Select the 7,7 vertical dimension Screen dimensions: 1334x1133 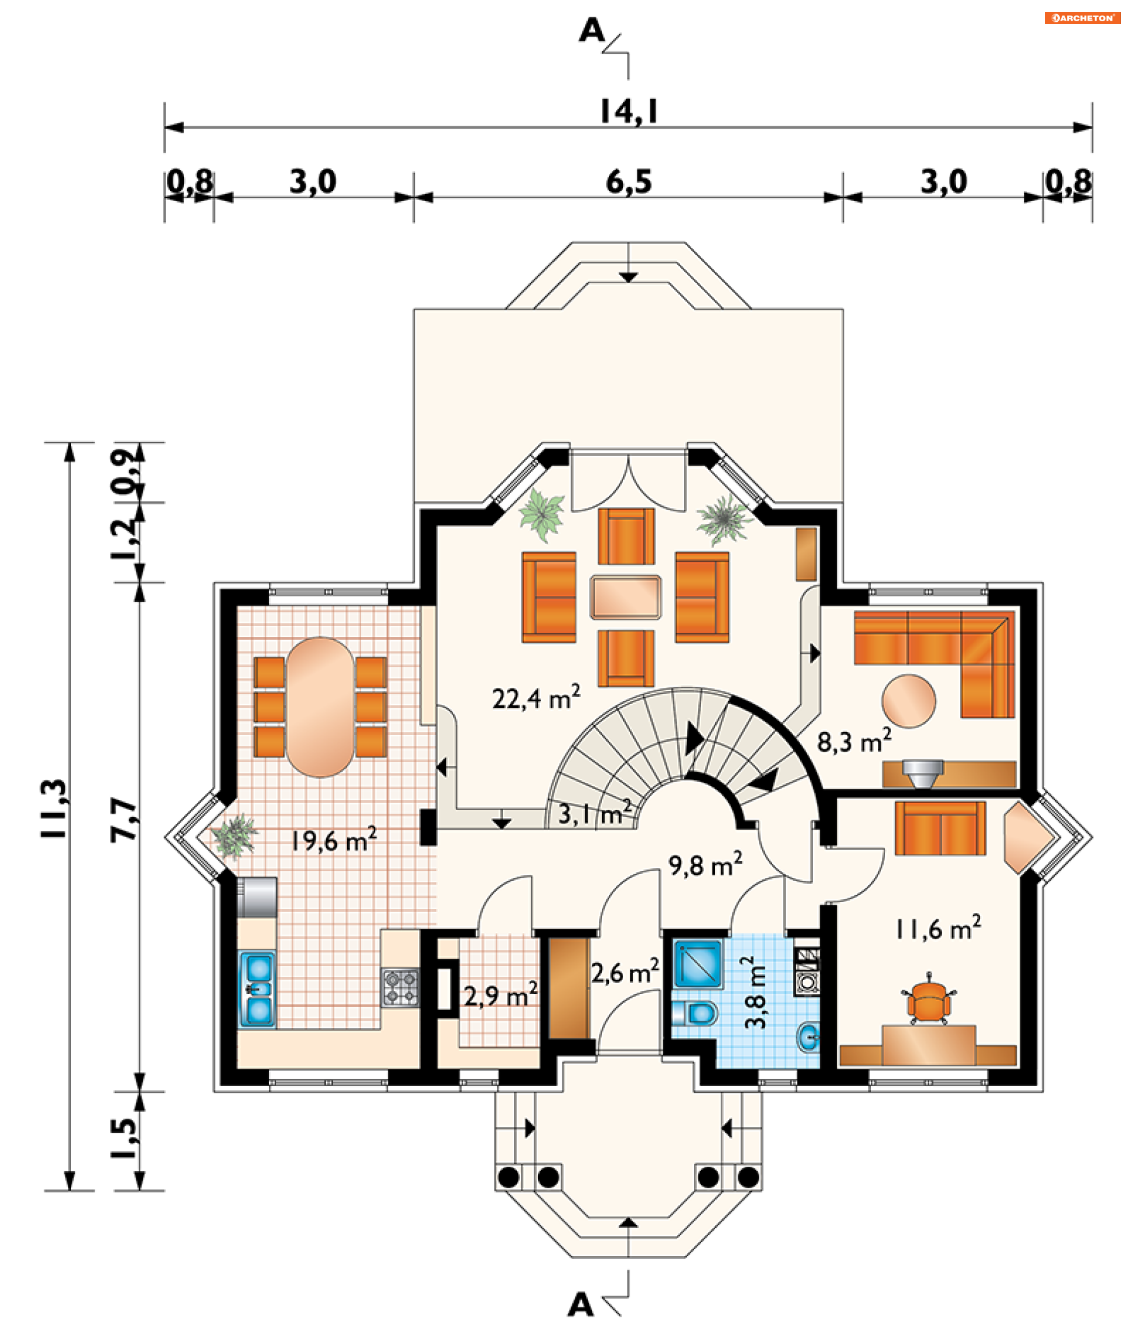pos(124,820)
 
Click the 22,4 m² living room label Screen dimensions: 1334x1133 pos(536,697)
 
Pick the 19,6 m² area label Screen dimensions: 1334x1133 pos(333,840)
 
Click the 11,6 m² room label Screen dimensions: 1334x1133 pos(938,929)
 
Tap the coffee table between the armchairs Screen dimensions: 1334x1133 pos(625,597)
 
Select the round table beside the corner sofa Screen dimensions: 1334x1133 pos(908,701)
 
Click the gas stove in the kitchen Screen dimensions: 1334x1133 pos(401,988)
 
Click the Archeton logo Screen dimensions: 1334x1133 pos(1082,18)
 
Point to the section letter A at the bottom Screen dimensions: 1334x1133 pos(580,1304)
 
